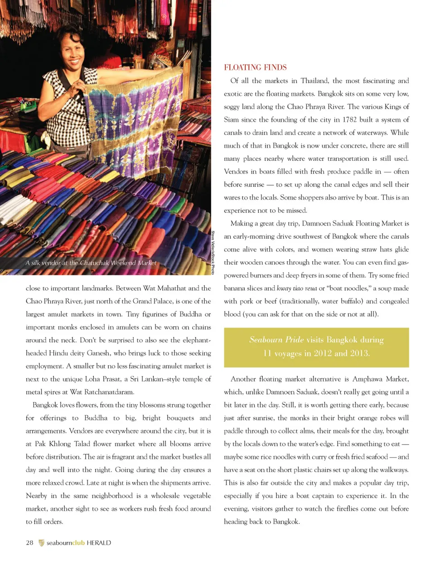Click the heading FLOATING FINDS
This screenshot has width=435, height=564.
[255, 67]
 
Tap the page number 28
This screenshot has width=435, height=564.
[29, 543]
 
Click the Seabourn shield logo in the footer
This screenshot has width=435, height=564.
[41, 543]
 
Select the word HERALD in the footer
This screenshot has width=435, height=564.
[98, 543]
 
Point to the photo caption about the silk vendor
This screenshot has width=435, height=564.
[91, 263]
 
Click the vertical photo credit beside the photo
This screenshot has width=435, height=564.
[213, 252]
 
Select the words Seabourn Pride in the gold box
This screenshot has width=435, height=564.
[276, 340]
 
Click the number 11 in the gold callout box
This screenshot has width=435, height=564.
[267, 353]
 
